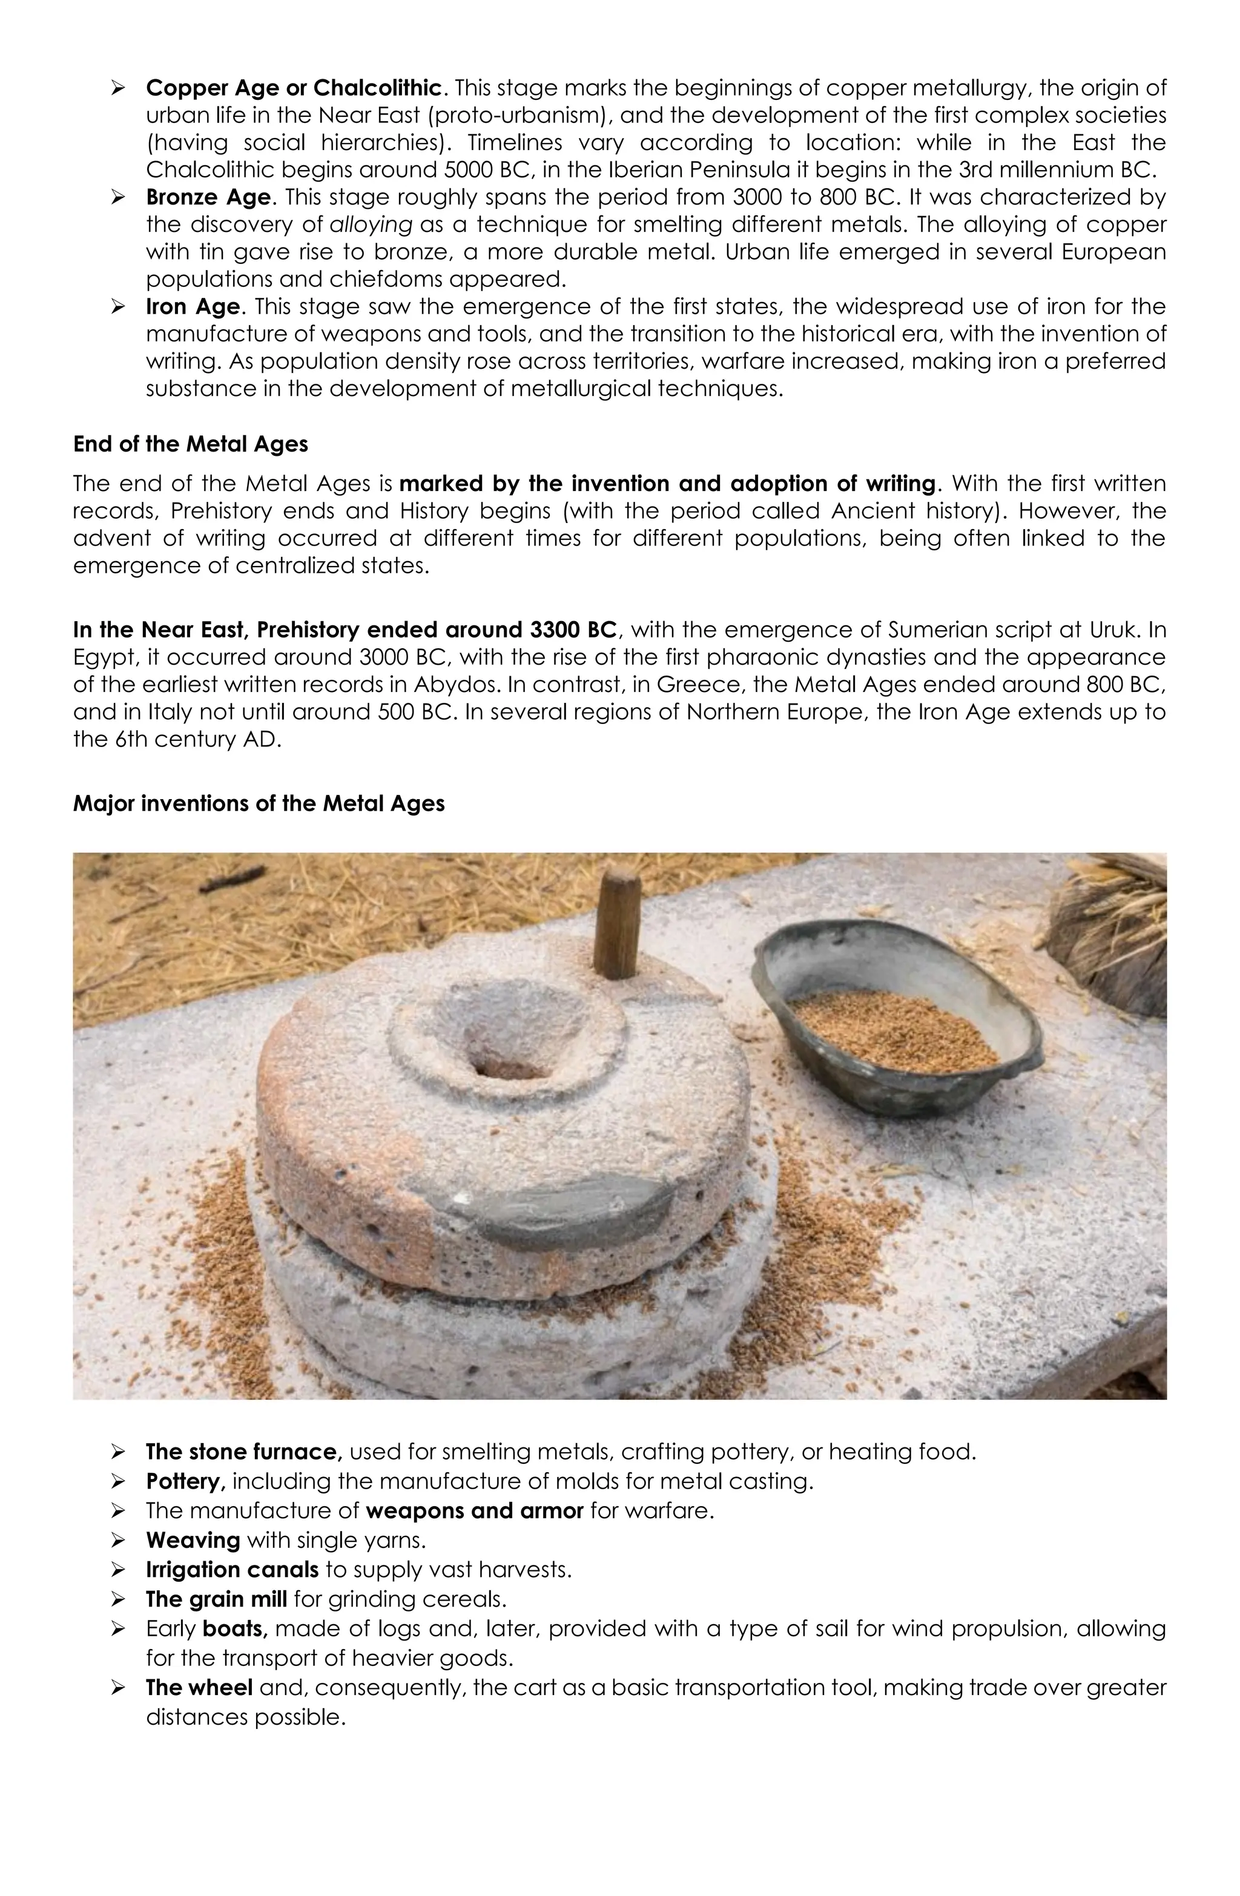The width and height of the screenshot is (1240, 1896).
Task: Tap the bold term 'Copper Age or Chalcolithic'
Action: click(x=293, y=88)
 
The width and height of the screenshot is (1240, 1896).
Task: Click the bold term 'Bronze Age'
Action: click(x=208, y=197)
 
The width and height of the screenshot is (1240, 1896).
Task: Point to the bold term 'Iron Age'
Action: click(x=192, y=307)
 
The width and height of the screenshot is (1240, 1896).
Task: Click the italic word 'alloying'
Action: click(x=371, y=225)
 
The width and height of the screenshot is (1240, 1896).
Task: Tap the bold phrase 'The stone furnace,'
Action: click(x=244, y=1452)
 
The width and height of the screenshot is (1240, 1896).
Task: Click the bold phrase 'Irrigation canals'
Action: click(x=232, y=1570)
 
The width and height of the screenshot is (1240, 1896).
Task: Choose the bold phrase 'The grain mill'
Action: click(x=216, y=1599)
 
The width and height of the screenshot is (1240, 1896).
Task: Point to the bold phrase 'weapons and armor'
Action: click(x=474, y=1511)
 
